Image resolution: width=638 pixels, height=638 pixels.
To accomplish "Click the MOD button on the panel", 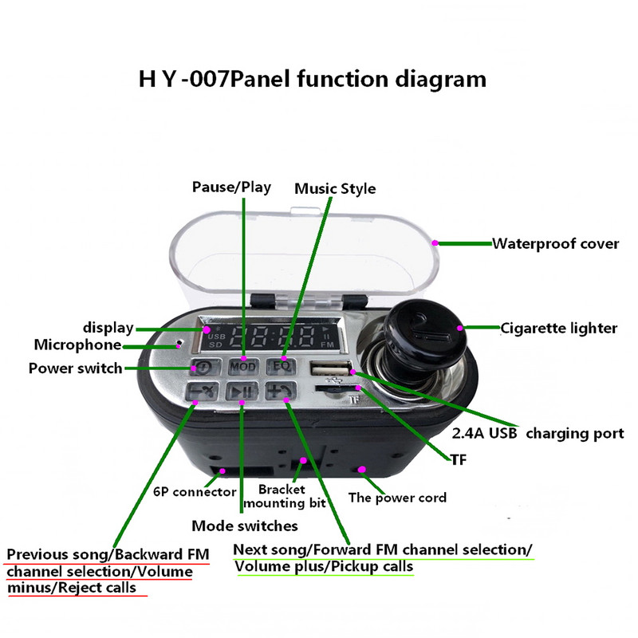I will click(x=242, y=367).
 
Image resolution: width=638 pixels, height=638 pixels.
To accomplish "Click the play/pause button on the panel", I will click(x=241, y=392).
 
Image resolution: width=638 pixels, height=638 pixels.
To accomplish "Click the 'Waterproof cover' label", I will click(x=555, y=243).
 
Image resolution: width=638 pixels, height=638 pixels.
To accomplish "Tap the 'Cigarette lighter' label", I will click(x=558, y=327).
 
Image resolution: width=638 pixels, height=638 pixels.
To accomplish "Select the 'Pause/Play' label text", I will click(x=231, y=187).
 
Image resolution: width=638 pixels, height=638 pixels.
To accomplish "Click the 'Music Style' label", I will click(x=335, y=189).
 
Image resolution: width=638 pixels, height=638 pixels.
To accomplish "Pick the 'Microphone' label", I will click(x=77, y=345).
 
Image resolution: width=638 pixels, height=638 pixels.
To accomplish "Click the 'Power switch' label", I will click(x=75, y=368).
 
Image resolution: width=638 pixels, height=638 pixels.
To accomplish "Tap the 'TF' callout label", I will click(x=457, y=460).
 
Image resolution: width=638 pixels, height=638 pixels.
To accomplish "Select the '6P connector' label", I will click(x=195, y=492).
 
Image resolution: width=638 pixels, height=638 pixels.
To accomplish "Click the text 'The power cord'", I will click(x=397, y=498).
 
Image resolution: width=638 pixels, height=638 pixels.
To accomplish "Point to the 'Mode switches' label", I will click(x=245, y=526).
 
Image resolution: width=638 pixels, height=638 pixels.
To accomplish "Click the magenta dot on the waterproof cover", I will click(x=435, y=241).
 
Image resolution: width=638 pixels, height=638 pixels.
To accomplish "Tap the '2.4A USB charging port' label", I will click(x=526, y=434).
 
